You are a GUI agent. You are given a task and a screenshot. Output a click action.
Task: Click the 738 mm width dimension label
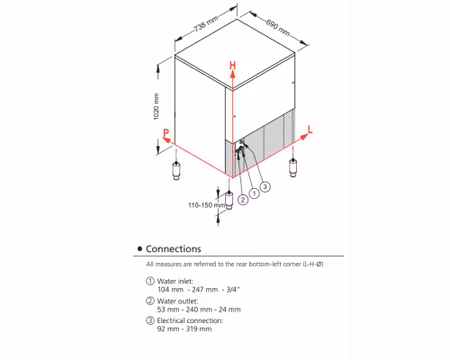pos(206,24)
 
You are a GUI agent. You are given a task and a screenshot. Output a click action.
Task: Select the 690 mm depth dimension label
pos(278,27)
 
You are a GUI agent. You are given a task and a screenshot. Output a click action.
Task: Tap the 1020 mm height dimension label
pos(156,106)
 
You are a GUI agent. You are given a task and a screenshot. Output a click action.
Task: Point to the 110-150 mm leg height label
pos(207,205)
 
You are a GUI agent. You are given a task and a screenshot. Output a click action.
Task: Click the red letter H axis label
pos(233,65)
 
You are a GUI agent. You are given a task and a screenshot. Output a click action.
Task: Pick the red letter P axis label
pos(166,133)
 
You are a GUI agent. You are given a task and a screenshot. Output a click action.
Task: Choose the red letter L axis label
pos(310,130)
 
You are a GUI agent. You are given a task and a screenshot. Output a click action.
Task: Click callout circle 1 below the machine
pos(254,193)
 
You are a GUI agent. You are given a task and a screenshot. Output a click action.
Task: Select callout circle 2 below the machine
pos(243,200)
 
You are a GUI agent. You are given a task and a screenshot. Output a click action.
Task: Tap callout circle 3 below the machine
pos(265,186)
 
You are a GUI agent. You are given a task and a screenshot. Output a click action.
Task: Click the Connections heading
pos(173,249)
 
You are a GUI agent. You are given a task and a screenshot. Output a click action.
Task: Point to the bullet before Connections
pos(140,249)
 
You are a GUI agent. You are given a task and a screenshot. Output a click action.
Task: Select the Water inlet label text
pos(175,281)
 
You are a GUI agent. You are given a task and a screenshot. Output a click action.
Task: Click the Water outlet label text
pos(177,301)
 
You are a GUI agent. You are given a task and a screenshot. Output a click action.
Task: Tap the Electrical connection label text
pos(190,320)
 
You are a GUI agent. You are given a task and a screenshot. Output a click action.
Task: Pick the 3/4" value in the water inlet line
pos(233,289)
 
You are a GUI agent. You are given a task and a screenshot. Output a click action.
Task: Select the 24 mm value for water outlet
pos(230,309)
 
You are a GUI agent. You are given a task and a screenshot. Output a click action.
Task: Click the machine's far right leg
pos(293,168)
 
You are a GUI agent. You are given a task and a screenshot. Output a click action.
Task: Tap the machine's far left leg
pos(176,171)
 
